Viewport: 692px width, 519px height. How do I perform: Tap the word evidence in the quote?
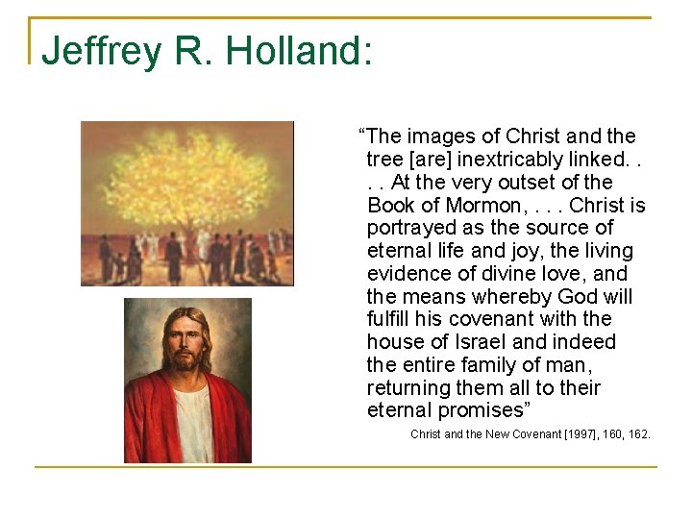pyautogui.click(x=407, y=274)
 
